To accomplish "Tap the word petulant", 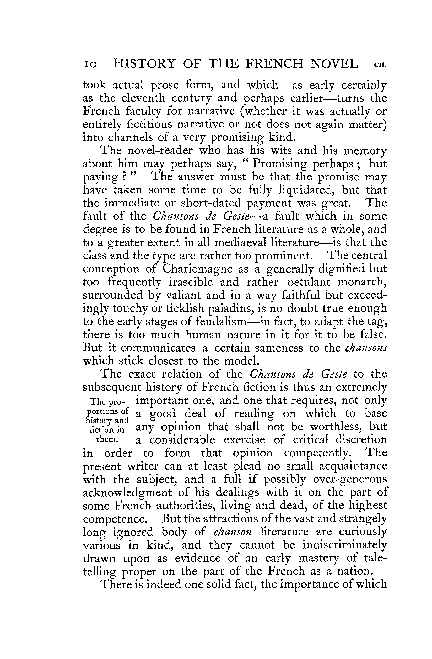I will point(309,282).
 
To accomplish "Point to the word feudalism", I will point(221,321).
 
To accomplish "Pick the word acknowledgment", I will point(127,492).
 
